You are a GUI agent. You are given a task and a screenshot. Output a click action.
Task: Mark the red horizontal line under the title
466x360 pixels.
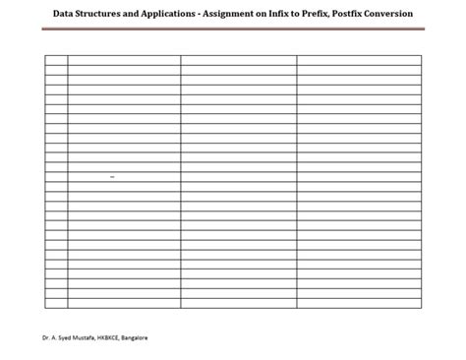tap(233, 30)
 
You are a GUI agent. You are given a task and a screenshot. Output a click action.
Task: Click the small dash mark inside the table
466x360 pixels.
tap(113, 176)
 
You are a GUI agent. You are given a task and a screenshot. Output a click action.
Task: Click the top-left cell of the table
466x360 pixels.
tap(56, 60)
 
